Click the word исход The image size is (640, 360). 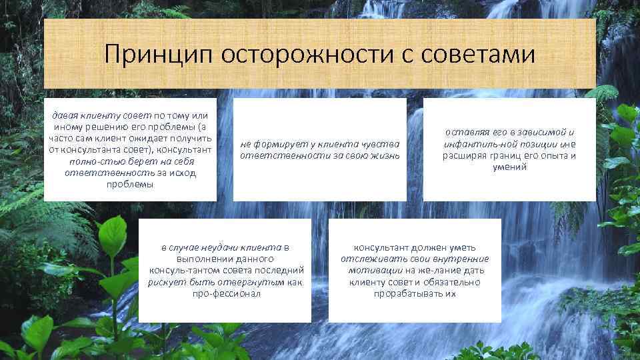point(183,173)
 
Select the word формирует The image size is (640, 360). point(279,144)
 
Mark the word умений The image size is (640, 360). point(509,167)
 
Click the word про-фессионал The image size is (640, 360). point(226,293)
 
